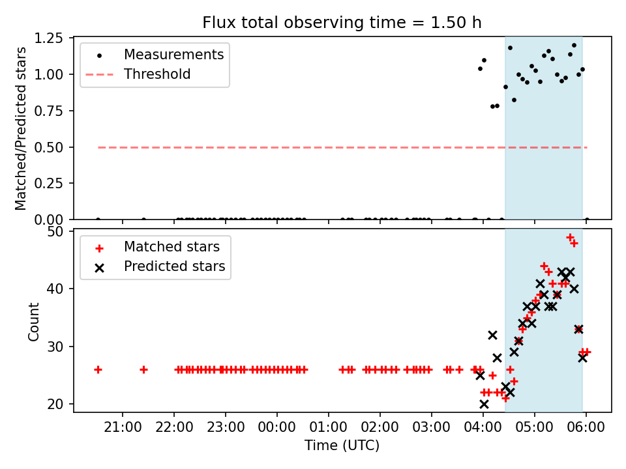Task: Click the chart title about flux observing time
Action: [x=342, y=23]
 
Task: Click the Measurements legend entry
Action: [x=173, y=54]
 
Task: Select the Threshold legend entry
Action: [x=157, y=74]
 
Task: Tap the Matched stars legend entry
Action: [x=171, y=247]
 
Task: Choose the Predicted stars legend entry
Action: [x=174, y=266]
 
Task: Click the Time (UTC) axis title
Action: [x=342, y=446]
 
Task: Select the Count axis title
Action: [x=33, y=321]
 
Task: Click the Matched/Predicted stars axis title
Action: [x=21, y=128]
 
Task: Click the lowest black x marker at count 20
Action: [x=484, y=404]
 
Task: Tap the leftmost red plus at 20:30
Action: [x=98, y=369]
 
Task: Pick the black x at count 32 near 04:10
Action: [x=492, y=335]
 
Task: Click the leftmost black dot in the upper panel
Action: [x=98, y=220]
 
